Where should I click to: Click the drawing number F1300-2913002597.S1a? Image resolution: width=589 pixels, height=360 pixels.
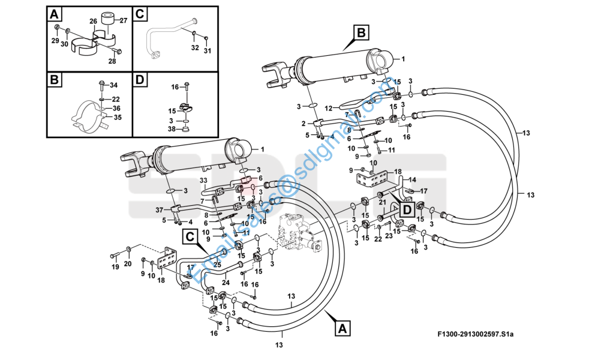(475, 334)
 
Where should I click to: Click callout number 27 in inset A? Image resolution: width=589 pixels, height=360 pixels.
(124, 21)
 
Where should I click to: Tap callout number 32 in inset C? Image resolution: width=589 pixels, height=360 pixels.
(195, 48)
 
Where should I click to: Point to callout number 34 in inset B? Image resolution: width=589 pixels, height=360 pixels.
(113, 85)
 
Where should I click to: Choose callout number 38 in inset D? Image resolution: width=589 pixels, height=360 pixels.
(172, 129)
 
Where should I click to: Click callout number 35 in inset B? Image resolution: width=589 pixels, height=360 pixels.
(118, 117)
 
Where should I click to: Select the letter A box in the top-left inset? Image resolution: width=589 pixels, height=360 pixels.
(55, 14)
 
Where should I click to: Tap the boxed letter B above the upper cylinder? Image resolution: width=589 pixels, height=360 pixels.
(360, 32)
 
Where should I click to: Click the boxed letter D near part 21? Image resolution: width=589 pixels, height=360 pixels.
(407, 209)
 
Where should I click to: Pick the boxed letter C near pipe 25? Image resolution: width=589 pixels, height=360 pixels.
(190, 237)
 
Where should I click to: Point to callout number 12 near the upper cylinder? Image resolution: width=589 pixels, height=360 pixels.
(329, 109)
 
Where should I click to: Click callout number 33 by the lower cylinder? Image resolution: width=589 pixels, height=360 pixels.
(203, 181)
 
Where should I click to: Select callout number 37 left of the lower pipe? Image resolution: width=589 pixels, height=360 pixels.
(160, 210)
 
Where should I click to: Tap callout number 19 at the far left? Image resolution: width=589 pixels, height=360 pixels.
(115, 267)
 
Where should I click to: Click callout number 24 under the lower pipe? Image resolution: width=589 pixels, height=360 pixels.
(226, 282)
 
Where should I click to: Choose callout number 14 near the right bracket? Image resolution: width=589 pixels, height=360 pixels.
(412, 180)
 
